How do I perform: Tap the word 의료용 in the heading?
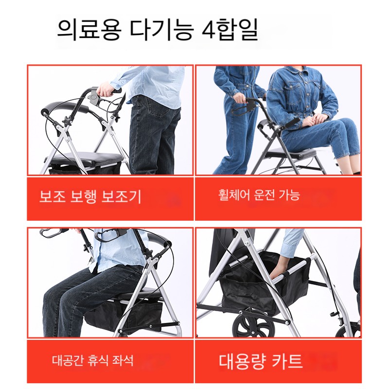[x=89, y=30]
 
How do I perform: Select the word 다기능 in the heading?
[x=161, y=30]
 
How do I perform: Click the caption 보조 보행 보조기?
[x=90, y=196]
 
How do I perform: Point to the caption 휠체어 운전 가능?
[x=259, y=195]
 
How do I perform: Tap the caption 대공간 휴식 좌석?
[x=92, y=360]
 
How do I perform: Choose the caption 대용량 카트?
[x=261, y=361]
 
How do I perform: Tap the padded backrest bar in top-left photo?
[x=65, y=108]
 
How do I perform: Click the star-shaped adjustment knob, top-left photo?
[x=67, y=121]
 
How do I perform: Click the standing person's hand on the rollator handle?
[x=239, y=98]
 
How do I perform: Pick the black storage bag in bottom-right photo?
[x=264, y=283]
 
